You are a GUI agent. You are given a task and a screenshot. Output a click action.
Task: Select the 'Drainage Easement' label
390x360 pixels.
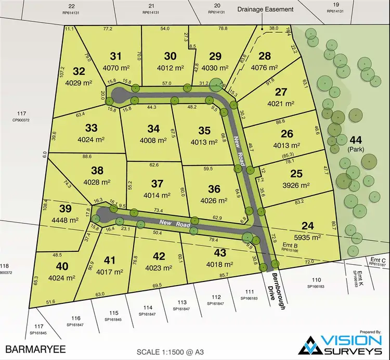[265, 9]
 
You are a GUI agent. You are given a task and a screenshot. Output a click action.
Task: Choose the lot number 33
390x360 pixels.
[91, 128]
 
